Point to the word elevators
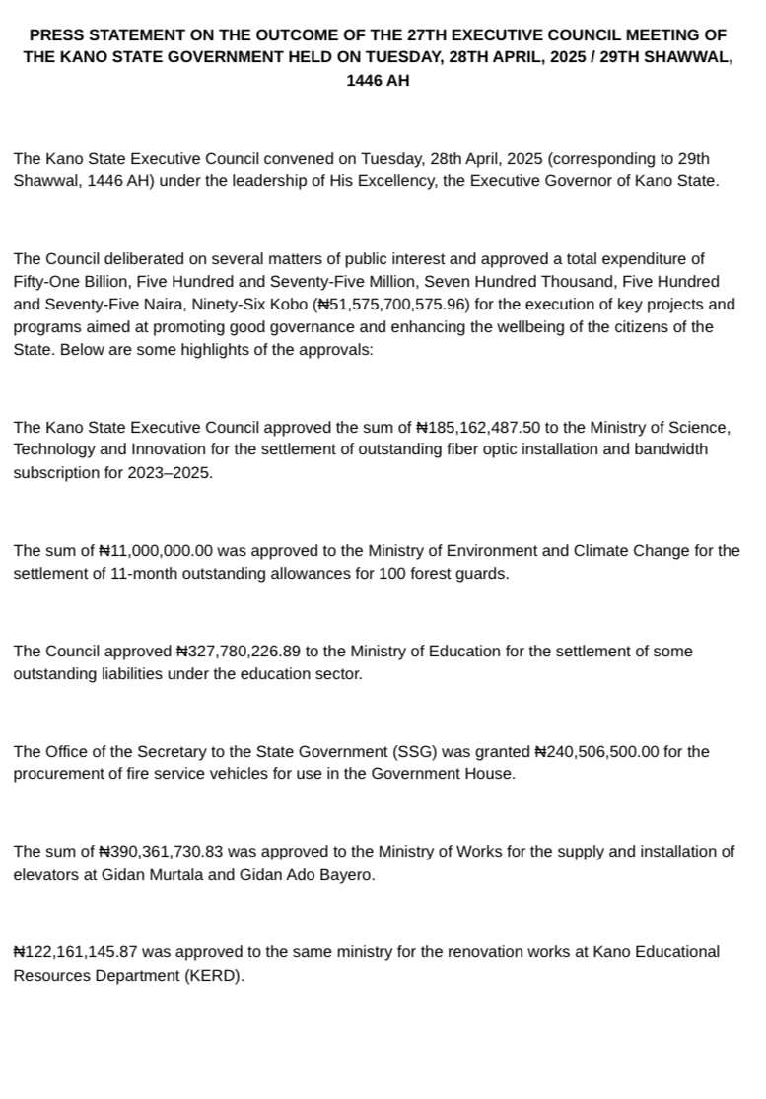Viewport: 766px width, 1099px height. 44,875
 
